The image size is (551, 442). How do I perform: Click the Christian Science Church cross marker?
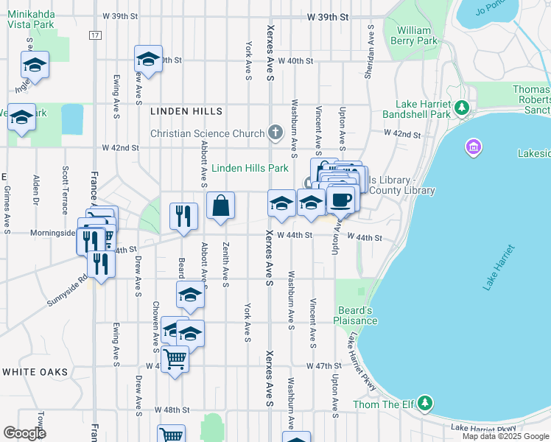coord(275,133)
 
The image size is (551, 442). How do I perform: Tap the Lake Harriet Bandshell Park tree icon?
coord(461,109)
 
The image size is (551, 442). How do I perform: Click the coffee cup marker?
coord(340,200)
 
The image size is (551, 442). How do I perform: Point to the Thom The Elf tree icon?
coord(424,404)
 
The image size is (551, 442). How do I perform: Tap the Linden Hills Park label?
coord(250,168)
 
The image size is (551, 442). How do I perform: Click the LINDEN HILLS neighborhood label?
coord(186,111)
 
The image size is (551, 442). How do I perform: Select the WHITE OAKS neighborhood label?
coord(35,372)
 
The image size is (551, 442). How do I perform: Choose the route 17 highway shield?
coord(95,35)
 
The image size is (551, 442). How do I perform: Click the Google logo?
coord(24,433)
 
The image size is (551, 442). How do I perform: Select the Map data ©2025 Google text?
coord(505,436)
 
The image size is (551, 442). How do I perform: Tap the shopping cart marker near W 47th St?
coord(175,359)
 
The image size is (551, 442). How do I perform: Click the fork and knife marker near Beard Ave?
coord(183,216)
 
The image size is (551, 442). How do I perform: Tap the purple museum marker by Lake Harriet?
coord(473,148)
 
